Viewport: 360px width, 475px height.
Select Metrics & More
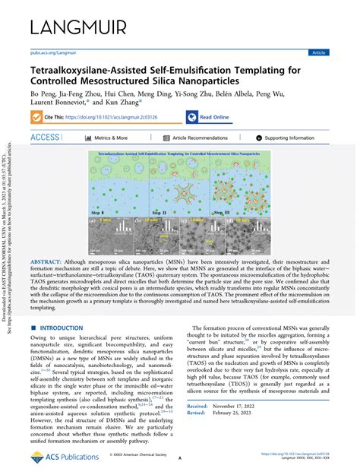coord(110,138)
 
